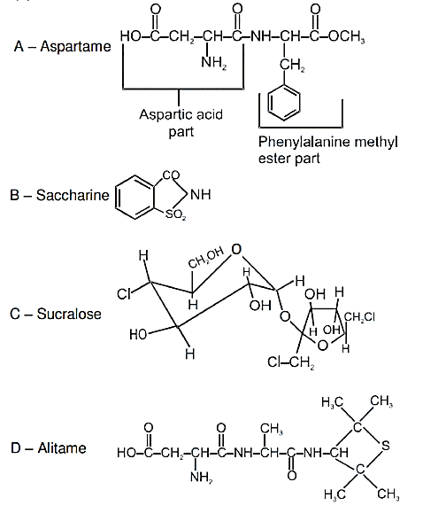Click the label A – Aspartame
62,46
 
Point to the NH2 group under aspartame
214,62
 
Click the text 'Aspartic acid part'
181,123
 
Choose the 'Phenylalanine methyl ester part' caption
327,151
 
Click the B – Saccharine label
59,195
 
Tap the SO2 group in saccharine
175,214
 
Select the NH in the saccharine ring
201,194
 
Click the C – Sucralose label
56,314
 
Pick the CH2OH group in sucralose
206,257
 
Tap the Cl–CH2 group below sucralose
291,362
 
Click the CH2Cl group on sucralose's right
359,317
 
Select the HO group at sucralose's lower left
138,334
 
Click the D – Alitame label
49,448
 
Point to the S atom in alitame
386,445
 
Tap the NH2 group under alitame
202,477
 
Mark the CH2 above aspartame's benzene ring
292,65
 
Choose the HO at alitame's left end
126,453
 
